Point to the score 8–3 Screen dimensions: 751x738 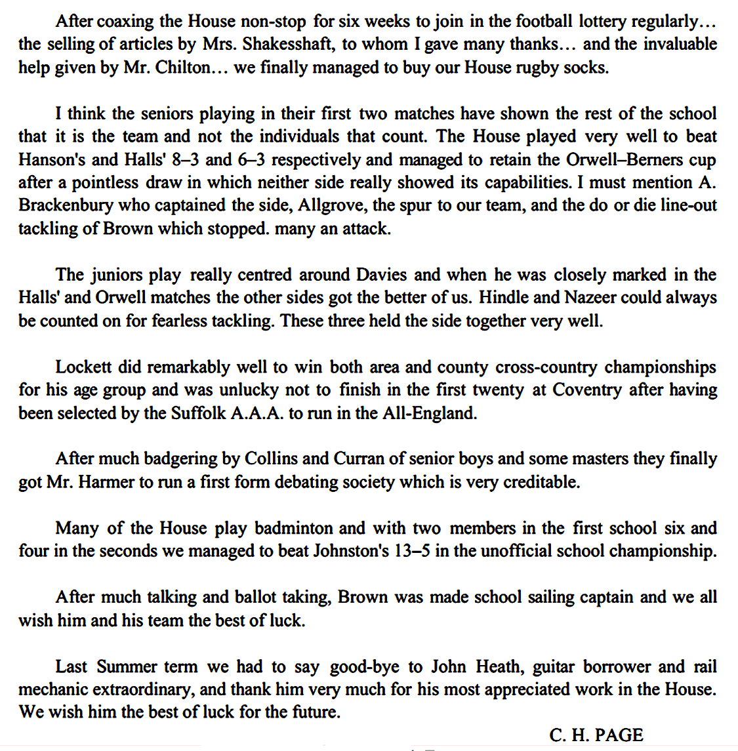[x=184, y=160]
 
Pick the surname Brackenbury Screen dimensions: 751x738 [x=66, y=206]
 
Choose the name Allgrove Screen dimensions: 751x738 [x=333, y=206]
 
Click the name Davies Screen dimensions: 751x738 [x=381, y=275]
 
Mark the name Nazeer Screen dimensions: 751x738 [x=590, y=298]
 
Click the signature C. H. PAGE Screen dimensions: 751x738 [x=596, y=735]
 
